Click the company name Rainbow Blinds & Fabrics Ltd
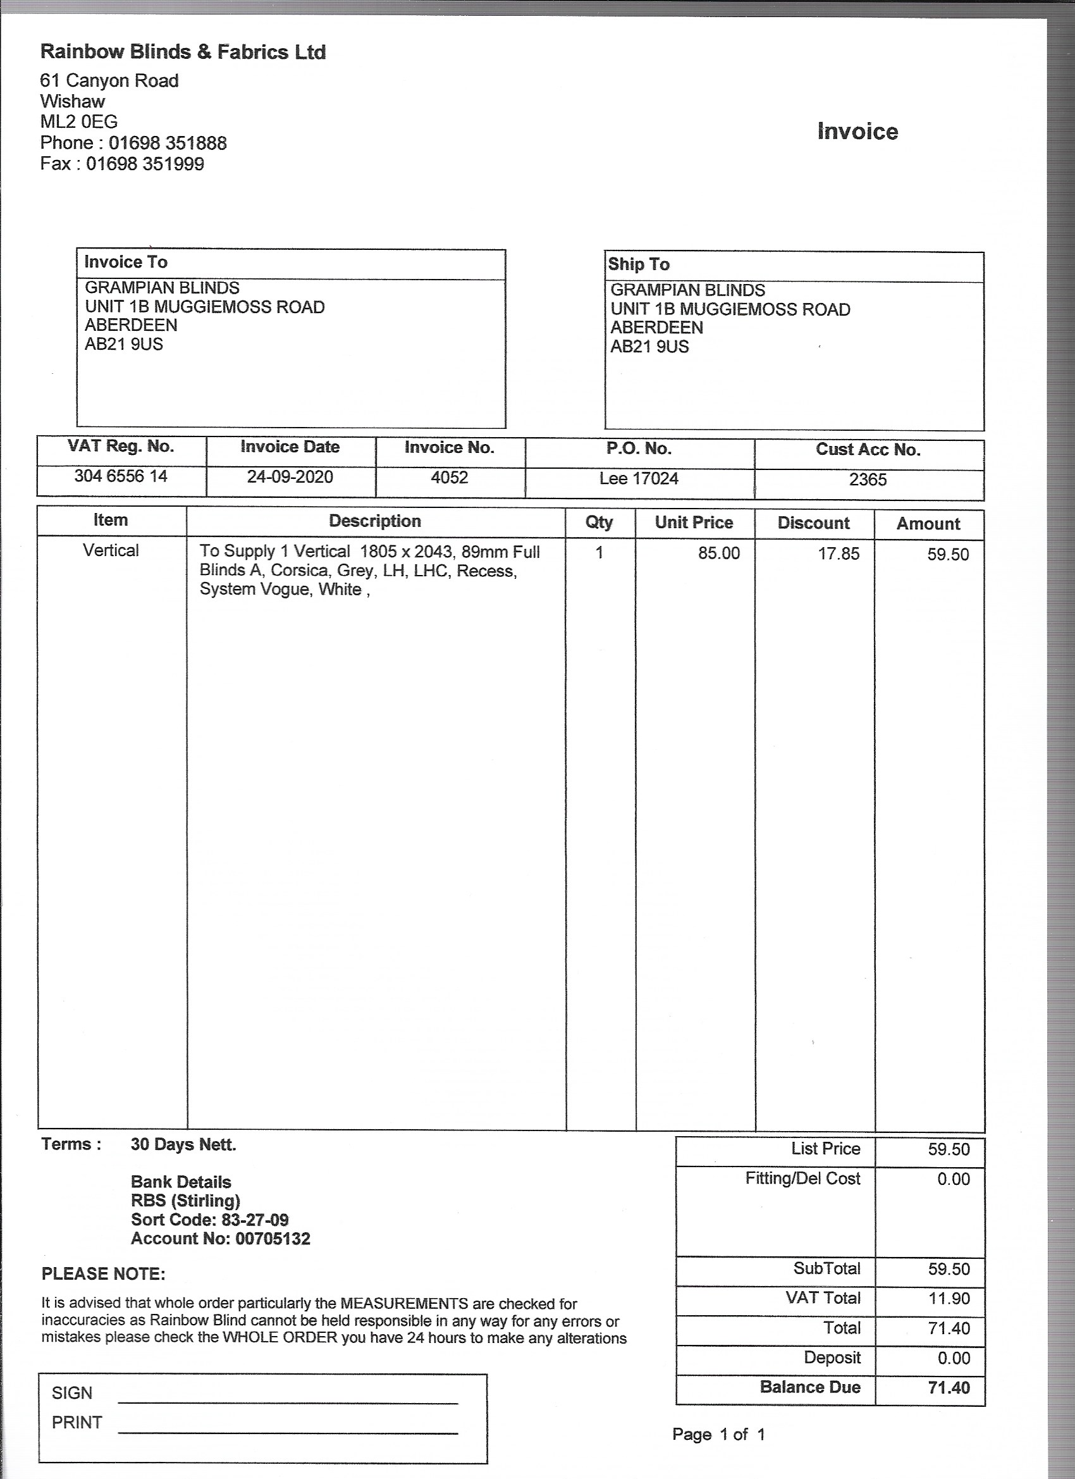tap(183, 52)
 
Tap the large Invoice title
tap(857, 132)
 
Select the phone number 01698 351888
tap(168, 143)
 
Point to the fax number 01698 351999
tap(145, 164)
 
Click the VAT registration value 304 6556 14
tap(121, 477)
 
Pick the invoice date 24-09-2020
tap(290, 478)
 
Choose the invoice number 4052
tap(449, 478)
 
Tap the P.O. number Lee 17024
tap(639, 480)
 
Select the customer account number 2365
tap(868, 480)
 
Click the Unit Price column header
tap(694, 523)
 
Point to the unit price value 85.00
tap(718, 554)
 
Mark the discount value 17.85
tap(838, 554)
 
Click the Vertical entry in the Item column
tap(111, 551)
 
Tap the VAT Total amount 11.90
tap(949, 1298)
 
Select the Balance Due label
tap(809, 1387)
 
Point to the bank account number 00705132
tap(273, 1239)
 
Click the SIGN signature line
tap(288, 1402)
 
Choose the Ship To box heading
tap(638, 265)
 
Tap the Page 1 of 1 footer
tap(718, 1435)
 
